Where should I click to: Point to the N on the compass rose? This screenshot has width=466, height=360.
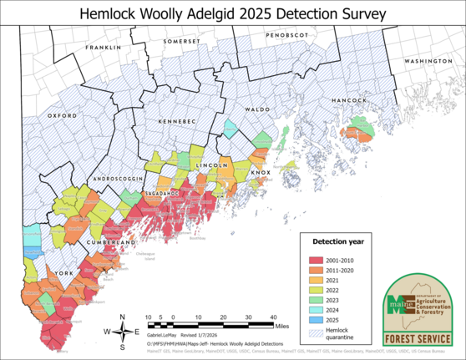pyautogui.click(x=123, y=317)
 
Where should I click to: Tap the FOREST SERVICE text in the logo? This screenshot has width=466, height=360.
pyautogui.click(x=419, y=339)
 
